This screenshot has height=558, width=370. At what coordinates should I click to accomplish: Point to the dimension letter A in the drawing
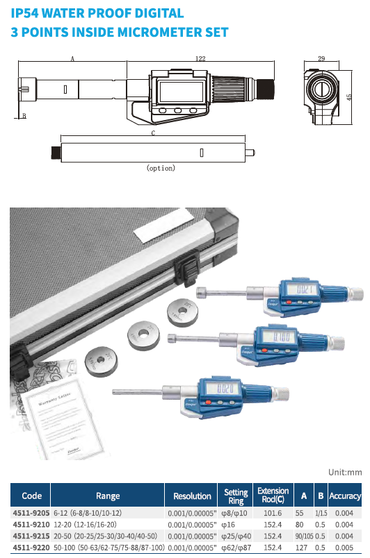point(72,60)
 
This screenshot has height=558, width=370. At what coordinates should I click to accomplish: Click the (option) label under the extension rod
point(161,167)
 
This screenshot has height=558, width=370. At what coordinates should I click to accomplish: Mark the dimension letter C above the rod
point(153,132)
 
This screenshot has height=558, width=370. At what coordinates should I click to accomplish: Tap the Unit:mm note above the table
point(345,472)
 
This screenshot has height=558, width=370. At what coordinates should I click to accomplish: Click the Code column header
point(32,496)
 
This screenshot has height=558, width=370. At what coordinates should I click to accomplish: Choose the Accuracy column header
point(345,496)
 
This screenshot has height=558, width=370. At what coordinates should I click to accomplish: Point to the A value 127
point(302,547)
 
